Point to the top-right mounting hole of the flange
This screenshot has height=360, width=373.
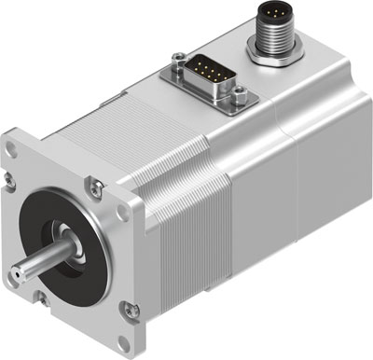92,183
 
